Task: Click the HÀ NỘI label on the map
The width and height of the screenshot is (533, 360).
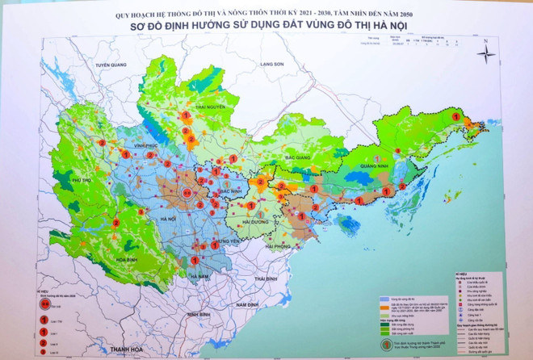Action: (x=168, y=219)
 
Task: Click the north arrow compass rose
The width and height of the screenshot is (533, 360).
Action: (x=486, y=53)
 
